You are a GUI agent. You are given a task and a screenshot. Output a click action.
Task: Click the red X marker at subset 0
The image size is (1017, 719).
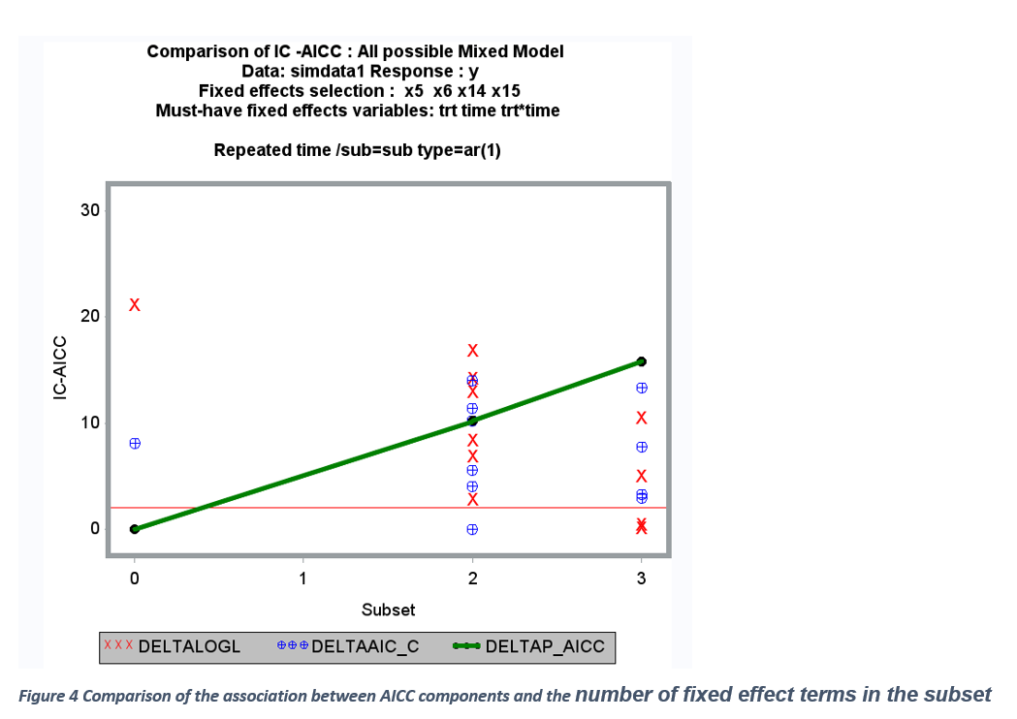135,305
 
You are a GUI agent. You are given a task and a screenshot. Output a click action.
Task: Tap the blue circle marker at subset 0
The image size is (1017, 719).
135,443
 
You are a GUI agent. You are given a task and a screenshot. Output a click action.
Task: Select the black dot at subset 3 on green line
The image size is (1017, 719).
641,361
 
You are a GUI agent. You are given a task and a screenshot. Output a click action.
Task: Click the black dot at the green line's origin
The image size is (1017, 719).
135,529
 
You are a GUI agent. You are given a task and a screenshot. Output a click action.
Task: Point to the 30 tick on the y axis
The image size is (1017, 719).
90,210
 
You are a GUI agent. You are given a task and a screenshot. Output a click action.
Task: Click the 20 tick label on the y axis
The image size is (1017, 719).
90,316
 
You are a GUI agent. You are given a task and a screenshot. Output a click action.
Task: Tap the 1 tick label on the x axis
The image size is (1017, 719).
303,579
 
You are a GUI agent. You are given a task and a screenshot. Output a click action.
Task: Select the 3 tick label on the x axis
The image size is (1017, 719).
641,579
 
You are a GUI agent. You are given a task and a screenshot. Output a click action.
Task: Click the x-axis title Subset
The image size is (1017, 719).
388,610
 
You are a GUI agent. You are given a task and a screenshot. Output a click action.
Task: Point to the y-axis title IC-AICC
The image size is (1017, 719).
60,368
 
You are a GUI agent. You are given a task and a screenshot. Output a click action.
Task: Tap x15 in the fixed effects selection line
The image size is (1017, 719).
504,91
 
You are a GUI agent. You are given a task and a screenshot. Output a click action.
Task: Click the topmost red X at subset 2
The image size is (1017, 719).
472,350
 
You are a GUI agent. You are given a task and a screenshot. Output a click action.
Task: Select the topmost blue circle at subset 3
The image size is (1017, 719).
641,388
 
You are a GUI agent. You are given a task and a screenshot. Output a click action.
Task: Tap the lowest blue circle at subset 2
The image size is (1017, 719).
472,529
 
